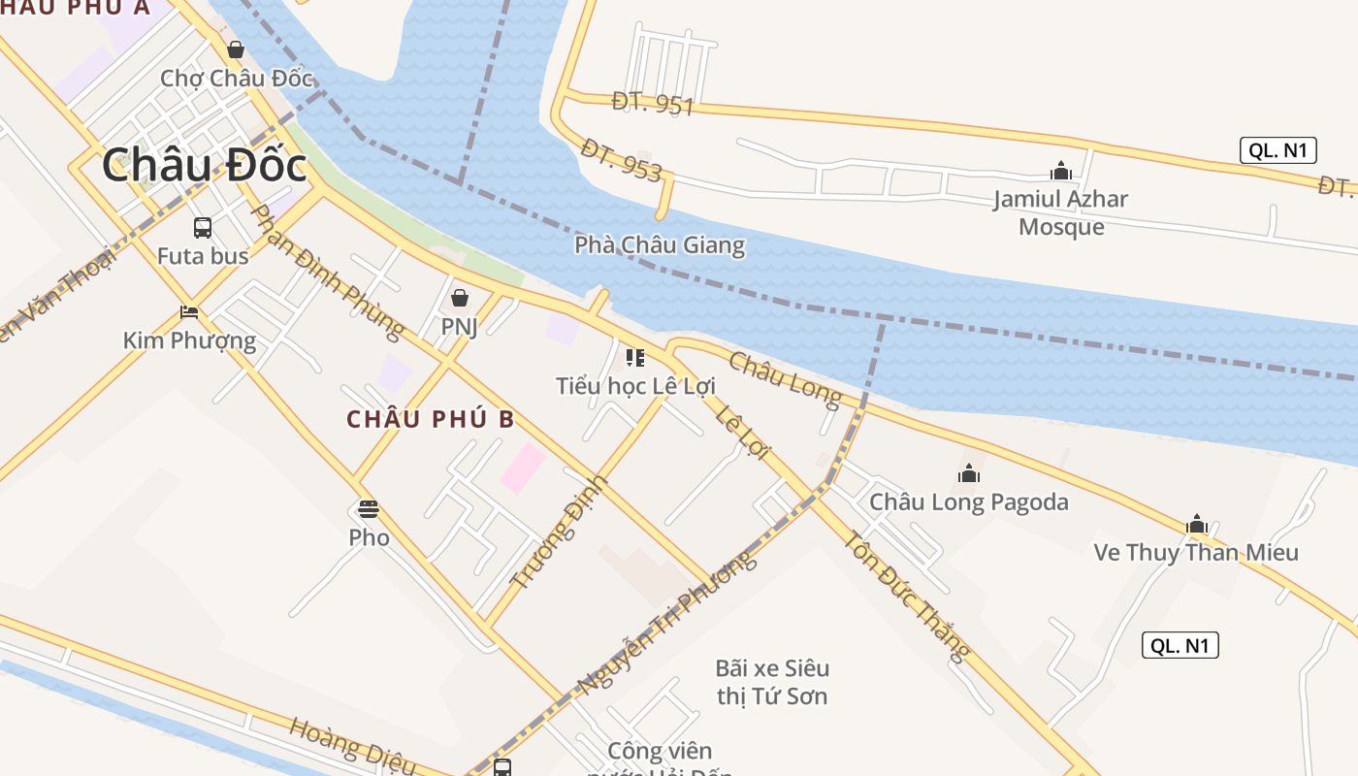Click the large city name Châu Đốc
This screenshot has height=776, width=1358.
click(x=204, y=165)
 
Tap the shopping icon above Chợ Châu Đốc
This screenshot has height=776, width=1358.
click(x=235, y=48)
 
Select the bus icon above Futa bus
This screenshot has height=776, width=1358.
click(x=203, y=228)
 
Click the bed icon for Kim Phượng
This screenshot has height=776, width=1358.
click(x=189, y=312)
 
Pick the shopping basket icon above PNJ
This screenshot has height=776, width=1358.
click(x=459, y=298)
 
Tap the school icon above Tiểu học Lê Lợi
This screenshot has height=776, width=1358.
click(x=635, y=358)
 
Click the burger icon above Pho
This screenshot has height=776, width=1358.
click(x=369, y=509)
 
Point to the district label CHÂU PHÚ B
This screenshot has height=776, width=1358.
click(x=431, y=419)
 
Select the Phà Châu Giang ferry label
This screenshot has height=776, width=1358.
click(x=660, y=244)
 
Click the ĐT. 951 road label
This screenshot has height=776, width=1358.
click(x=653, y=103)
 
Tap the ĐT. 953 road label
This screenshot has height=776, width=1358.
click(x=622, y=160)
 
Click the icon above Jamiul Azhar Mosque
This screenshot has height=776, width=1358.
click(x=1060, y=172)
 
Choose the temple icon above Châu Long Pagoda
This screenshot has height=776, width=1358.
click(x=968, y=473)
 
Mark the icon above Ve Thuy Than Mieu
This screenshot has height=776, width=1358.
click(x=1196, y=525)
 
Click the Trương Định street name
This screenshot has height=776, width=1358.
click(x=559, y=533)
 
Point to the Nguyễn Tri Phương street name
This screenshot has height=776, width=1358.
click(x=666, y=624)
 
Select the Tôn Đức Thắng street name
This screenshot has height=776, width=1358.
click(x=907, y=596)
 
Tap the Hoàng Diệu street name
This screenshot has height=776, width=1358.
click(x=352, y=747)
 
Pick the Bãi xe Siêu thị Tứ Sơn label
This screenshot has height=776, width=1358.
click(x=771, y=682)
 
